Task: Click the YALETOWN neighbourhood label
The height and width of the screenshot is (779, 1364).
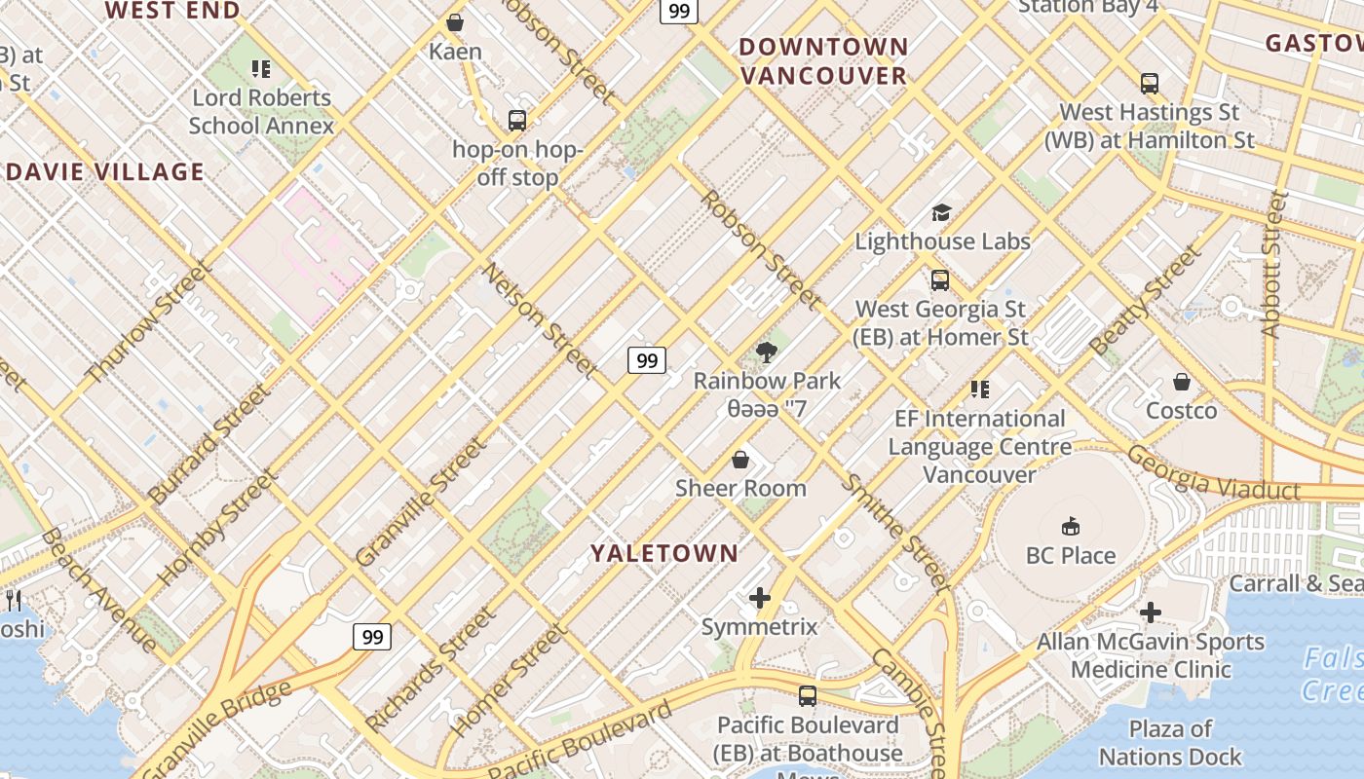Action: pos(663,553)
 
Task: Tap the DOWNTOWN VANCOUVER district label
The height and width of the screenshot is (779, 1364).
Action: pos(823,60)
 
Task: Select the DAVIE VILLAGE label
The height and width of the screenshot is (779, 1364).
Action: pos(105,172)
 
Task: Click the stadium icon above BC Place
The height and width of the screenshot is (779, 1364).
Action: pos(1071,526)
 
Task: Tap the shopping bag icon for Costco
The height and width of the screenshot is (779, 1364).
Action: pos(1181,381)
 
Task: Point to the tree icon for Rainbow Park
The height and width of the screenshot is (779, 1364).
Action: pos(767,352)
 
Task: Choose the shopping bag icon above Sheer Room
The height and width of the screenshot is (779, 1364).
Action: pos(740,459)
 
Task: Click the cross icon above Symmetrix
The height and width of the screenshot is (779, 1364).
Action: pos(760,597)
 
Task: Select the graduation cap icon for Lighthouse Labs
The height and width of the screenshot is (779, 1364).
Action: pos(941,212)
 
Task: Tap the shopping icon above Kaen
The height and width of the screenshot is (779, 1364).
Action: pos(455,21)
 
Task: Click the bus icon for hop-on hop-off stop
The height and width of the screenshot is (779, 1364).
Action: pos(517,121)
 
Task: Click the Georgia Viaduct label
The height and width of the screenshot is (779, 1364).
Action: pos(1213,474)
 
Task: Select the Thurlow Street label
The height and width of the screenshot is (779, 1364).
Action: pos(148,321)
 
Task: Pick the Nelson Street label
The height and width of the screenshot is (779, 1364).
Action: pos(540,319)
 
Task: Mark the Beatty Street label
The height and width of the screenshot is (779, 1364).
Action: pos(1147,301)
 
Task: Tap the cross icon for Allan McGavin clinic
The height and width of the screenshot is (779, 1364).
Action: pos(1151,612)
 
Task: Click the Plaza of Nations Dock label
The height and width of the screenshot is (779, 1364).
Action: pos(1170,742)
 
